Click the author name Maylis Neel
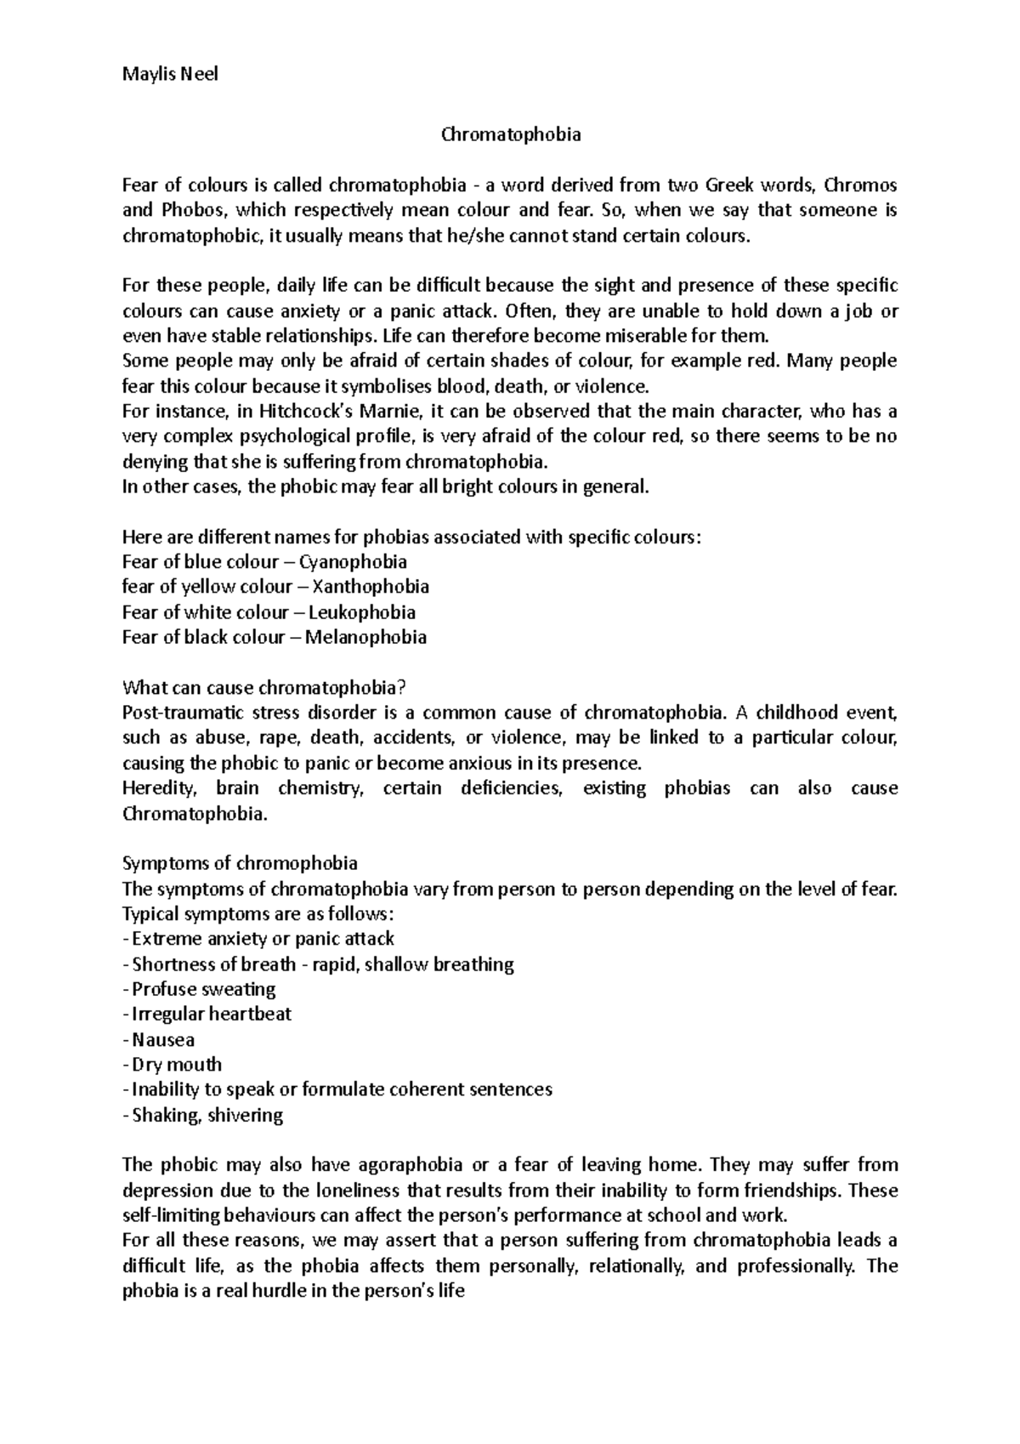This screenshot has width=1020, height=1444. [x=170, y=74]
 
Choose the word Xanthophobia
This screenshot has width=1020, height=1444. [x=371, y=587]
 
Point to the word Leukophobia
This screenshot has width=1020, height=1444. [x=361, y=612]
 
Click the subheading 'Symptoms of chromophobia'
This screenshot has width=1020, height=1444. [x=240, y=863]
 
